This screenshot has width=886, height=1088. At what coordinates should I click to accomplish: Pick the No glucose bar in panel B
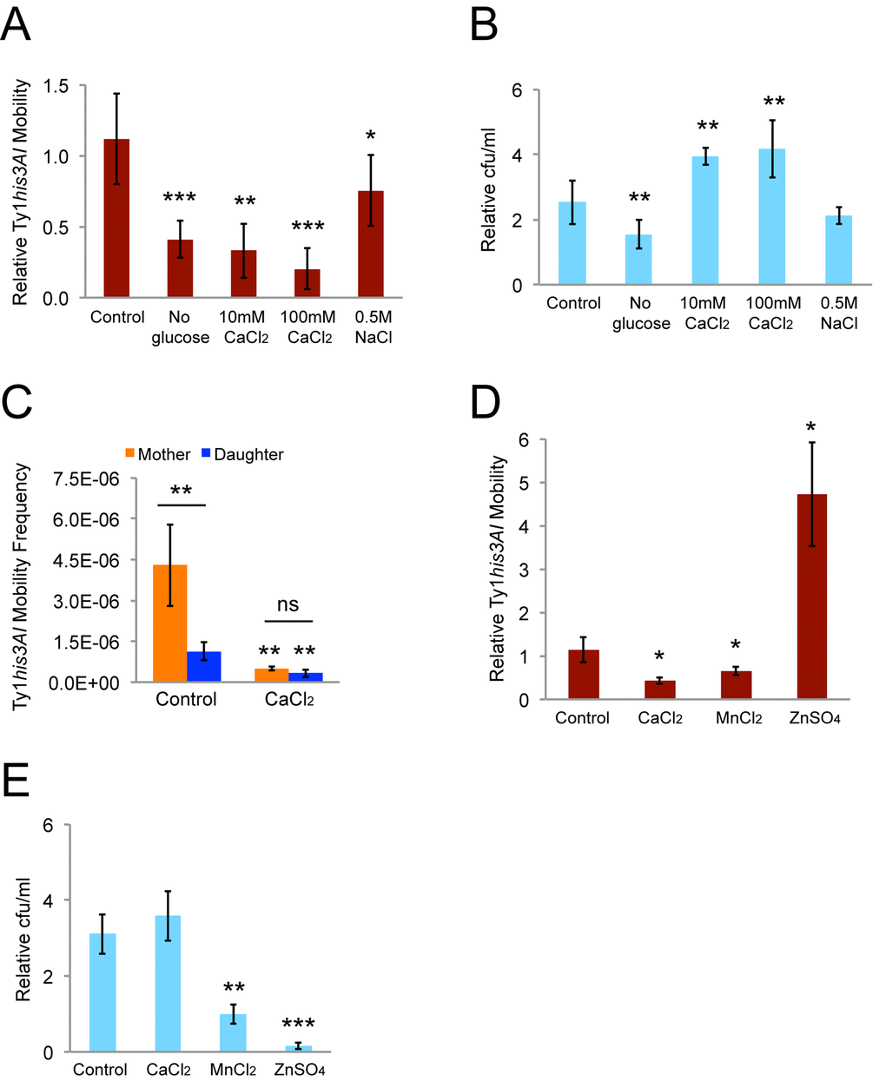pyautogui.click(x=638, y=260)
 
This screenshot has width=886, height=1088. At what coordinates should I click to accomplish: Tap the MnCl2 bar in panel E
pyautogui.click(x=233, y=1033)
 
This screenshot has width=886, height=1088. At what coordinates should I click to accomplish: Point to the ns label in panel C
pyautogui.click(x=288, y=605)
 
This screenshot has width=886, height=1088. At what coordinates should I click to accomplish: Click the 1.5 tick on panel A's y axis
pyautogui.click(x=56, y=86)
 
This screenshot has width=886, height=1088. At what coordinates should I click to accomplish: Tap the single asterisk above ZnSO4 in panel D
pyautogui.click(x=811, y=427)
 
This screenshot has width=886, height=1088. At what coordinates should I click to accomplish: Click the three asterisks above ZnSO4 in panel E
pyautogui.click(x=299, y=1025)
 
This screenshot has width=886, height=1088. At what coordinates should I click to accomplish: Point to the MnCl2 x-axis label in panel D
pyautogui.click(x=737, y=719)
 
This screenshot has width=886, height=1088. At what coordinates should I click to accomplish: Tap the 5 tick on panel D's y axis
pyautogui.click(x=524, y=483)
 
